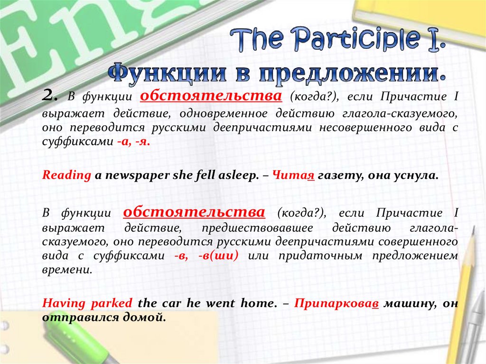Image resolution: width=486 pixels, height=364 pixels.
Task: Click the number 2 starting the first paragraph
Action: tap(49, 97)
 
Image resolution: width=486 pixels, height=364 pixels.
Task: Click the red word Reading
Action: tap(66, 175)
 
